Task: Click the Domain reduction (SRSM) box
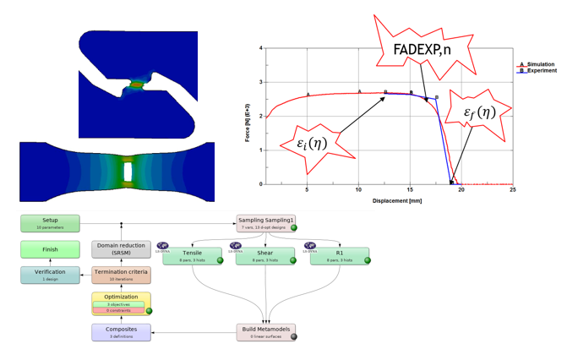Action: (x=121, y=248)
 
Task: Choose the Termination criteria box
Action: (x=121, y=275)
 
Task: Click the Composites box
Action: (x=121, y=332)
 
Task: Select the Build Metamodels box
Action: (x=266, y=332)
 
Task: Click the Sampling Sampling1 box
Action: (x=266, y=223)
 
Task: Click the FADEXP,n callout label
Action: (x=421, y=49)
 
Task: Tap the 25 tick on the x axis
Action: (x=513, y=189)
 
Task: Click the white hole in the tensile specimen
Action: (x=127, y=171)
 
